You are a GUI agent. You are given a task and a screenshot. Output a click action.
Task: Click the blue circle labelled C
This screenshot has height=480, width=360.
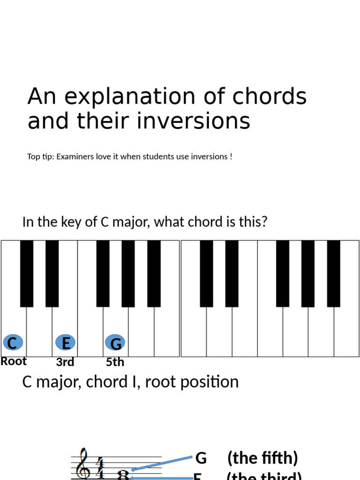pyautogui.click(x=13, y=343)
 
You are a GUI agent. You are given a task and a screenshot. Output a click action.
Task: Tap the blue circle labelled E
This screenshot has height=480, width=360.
pyautogui.click(x=66, y=343)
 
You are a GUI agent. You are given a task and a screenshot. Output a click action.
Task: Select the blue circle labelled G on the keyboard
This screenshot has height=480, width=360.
pyautogui.click(x=115, y=343)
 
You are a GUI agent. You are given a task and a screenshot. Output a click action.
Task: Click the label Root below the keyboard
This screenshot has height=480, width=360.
pyautogui.click(x=14, y=361)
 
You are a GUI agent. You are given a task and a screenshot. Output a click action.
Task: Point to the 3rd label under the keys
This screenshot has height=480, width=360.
pyautogui.click(x=65, y=362)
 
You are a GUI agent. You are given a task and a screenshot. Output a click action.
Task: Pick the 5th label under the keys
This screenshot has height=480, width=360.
pyautogui.click(x=115, y=362)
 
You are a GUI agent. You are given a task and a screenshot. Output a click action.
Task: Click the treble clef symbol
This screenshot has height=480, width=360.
pyautogui.click(x=83, y=464)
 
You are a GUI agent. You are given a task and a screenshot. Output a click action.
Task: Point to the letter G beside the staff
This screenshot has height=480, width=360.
pyautogui.click(x=201, y=458)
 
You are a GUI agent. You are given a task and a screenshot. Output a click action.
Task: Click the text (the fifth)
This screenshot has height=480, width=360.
pyautogui.click(x=262, y=458)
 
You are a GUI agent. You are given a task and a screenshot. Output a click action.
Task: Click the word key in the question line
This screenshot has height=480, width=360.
pyautogui.click(x=71, y=222)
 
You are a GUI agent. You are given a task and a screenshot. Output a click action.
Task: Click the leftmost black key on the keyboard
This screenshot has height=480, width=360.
pyautogui.click(x=27, y=273)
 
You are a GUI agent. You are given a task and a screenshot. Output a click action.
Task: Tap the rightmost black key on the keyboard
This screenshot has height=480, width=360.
pyautogui.click(x=333, y=273)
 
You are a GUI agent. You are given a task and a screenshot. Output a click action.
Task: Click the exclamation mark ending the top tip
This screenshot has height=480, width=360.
pyautogui.click(x=231, y=157)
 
